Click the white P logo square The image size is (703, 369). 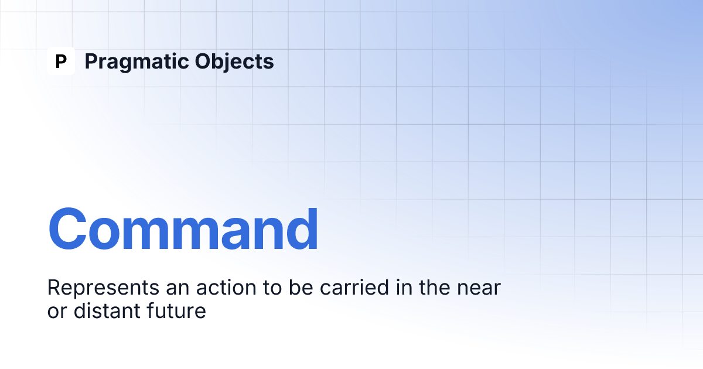61,61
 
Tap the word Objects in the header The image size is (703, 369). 234,62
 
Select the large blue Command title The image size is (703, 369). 183,229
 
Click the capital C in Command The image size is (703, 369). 67,229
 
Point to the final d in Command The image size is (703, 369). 302,229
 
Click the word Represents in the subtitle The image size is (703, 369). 103,288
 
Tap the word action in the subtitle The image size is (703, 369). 226,287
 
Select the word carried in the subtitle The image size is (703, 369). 354,287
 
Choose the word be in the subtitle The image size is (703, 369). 301,287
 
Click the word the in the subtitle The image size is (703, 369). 435,287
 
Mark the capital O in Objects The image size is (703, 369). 204,61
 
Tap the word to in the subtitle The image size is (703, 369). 272,288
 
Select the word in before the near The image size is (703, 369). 404,287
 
